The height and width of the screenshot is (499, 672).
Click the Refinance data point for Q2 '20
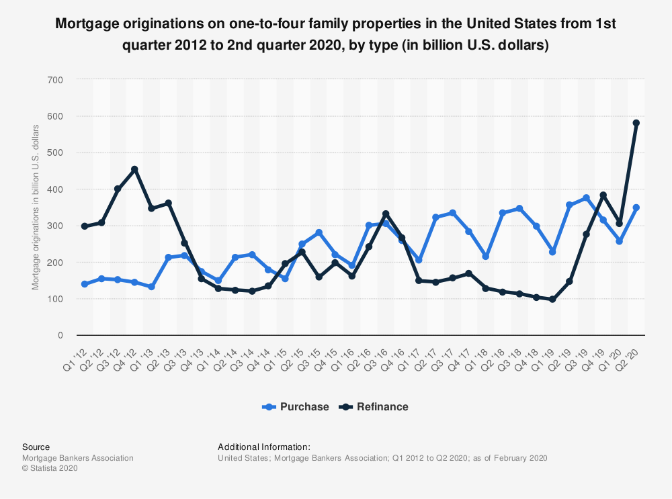click(x=636, y=123)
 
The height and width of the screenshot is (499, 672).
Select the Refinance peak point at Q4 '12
click(x=134, y=169)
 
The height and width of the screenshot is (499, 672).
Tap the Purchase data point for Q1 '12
click(x=85, y=284)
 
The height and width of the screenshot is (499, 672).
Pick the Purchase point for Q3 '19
click(x=586, y=198)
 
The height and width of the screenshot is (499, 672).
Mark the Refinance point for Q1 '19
click(x=552, y=300)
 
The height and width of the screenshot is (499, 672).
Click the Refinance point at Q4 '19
click(x=603, y=195)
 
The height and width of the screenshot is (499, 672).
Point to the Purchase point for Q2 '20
click(x=636, y=208)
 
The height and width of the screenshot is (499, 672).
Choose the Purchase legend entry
click(x=296, y=407)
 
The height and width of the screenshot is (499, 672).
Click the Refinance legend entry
click(x=375, y=407)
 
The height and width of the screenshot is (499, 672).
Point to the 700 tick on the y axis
click(x=55, y=80)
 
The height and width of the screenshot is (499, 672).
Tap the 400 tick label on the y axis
click(x=55, y=189)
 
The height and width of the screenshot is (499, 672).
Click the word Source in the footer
click(x=36, y=447)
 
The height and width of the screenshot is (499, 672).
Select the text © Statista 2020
click(x=50, y=469)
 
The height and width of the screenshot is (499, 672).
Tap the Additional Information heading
click(x=264, y=447)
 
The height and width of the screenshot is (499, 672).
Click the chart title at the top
click(x=336, y=35)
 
